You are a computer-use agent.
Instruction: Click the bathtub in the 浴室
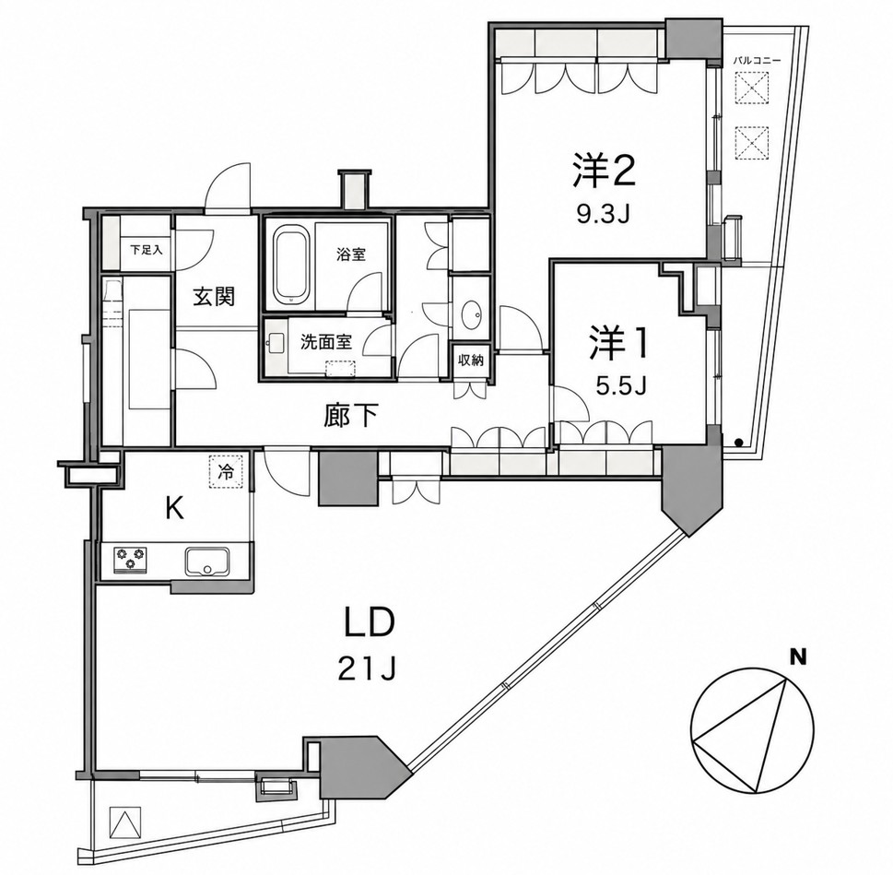[292, 265]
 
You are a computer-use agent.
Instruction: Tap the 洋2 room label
[603, 171]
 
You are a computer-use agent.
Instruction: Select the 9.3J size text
[602, 215]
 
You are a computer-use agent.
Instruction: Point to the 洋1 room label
[618, 343]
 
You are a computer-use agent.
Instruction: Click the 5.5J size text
[620, 387]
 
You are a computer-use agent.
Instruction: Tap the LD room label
[368, 625]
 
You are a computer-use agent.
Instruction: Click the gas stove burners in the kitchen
[131, 559]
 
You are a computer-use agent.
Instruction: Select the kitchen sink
[206, 562]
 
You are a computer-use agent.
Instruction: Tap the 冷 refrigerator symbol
[226, 471]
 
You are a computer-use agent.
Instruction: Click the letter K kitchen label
[174, 509]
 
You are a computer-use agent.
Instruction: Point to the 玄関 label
[214, 298]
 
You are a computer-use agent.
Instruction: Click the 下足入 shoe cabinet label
[147, 250]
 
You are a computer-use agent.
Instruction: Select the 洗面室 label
[326, 342]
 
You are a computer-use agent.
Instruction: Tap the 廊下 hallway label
[351, 415]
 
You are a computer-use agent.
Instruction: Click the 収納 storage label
[471, 360]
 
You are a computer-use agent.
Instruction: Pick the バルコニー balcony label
[756, 60]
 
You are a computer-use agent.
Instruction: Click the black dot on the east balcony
[738, 442]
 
